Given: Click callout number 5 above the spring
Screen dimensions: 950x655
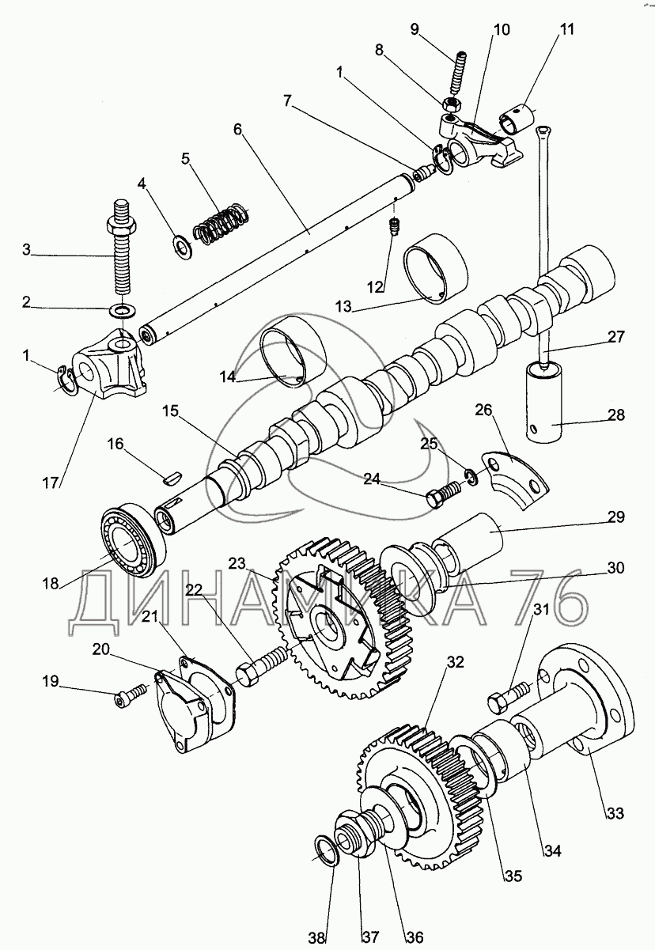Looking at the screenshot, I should [185, 157].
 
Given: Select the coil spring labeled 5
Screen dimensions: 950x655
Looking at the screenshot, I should [222, 223].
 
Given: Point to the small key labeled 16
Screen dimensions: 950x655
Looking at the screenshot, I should [172, 475].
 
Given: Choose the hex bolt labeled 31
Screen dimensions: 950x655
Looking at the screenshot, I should [509, 697].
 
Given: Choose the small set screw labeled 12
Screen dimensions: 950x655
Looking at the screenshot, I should [394, 227].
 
